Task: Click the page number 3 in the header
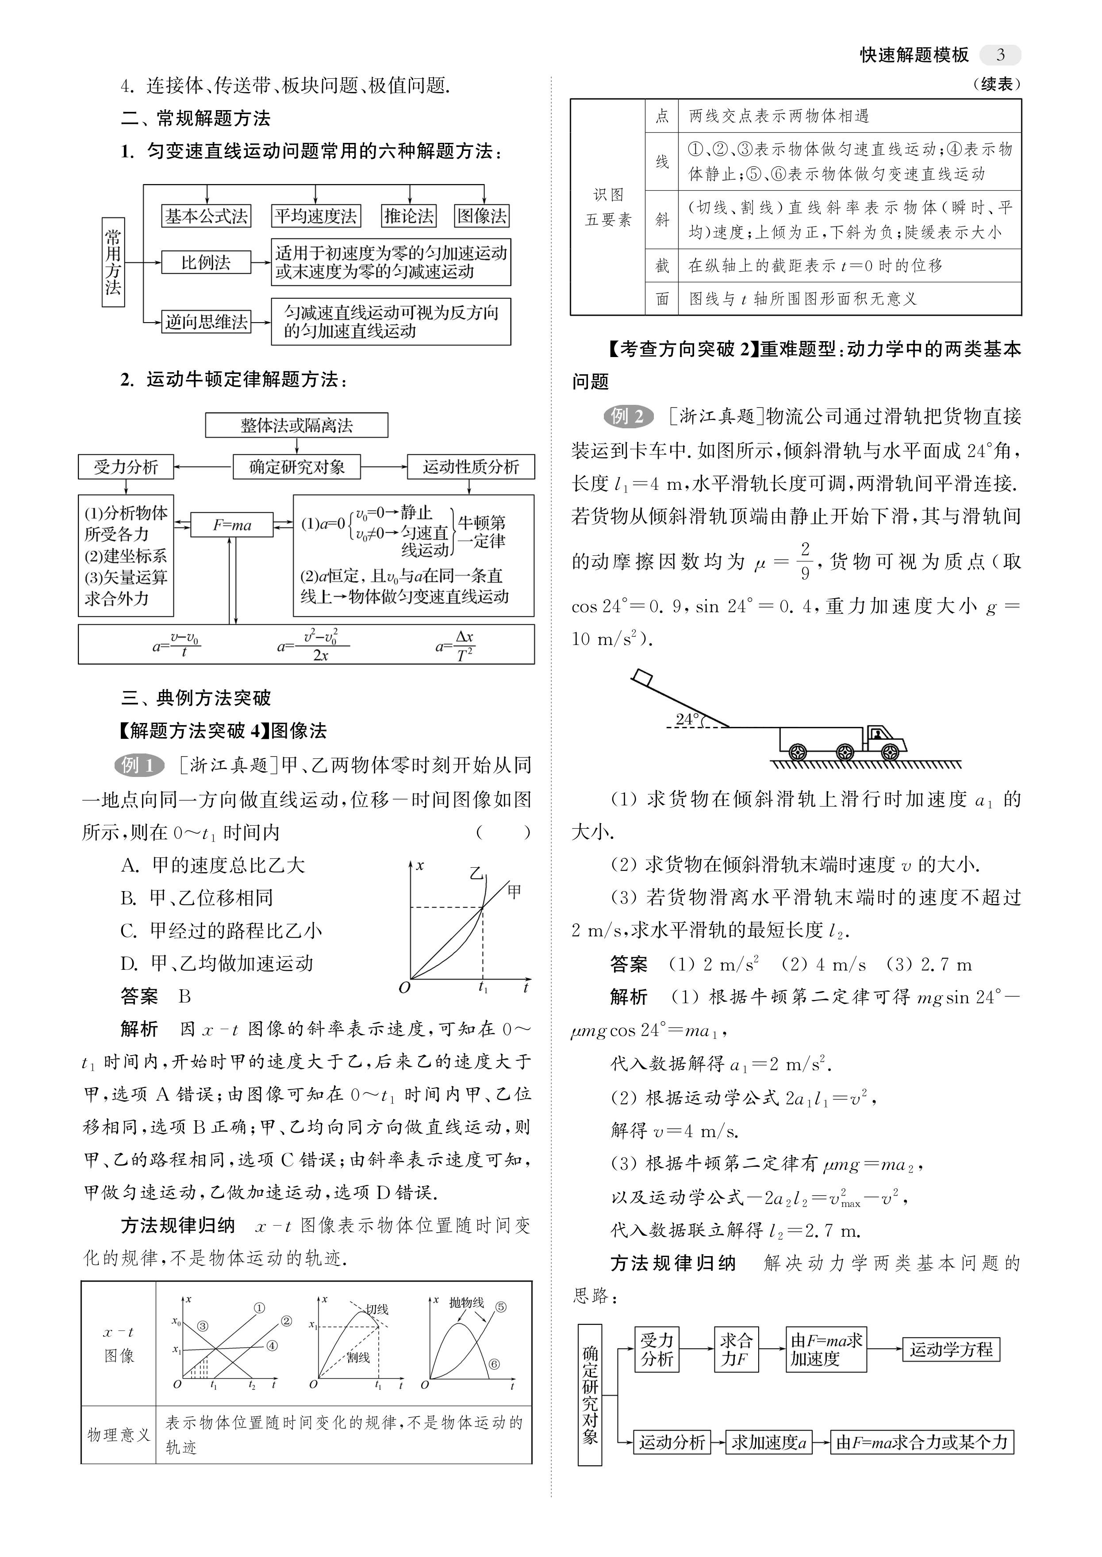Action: point(1001,55)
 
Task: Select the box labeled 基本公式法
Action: point(206,216)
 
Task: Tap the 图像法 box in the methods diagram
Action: point(482,216)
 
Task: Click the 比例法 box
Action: point(206,262)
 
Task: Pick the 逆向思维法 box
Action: point(206,321)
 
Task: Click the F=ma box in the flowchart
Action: point(232,525)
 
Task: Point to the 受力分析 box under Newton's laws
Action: point(126,466)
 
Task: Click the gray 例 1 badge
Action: point(139,765)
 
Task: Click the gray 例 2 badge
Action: point(628,415)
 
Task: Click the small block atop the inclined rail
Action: point(641,676)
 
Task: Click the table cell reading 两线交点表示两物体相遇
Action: point(778,116)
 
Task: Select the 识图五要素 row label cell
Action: point(608,207)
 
